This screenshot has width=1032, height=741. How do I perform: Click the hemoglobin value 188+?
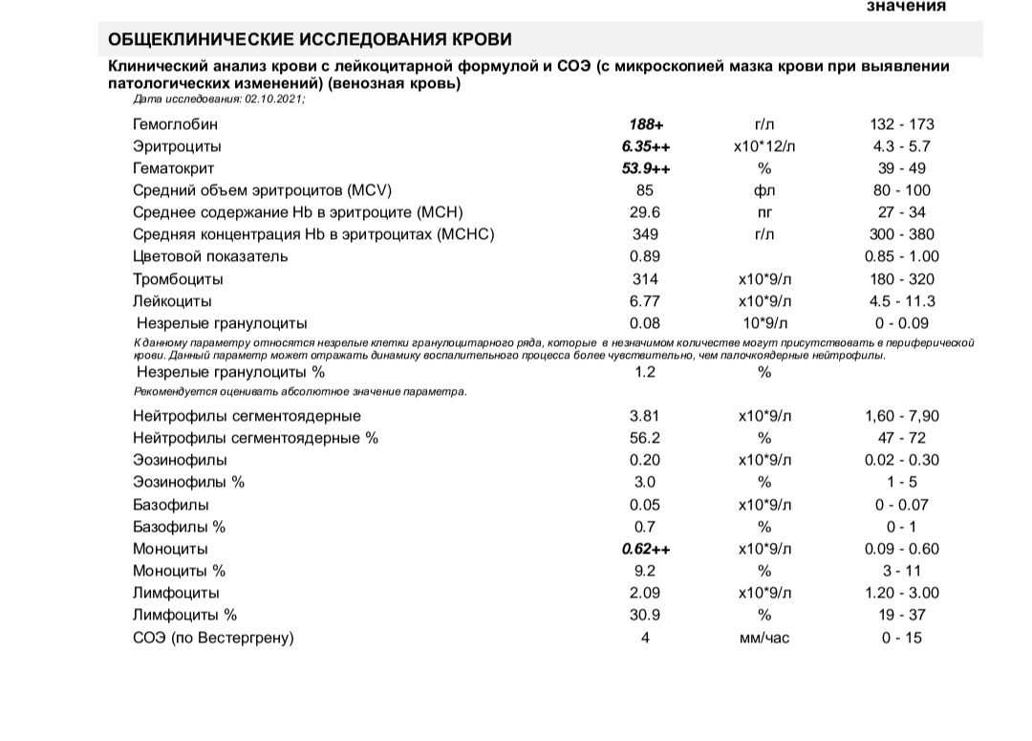click(645, 124)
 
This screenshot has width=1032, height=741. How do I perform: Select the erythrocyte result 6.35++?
click(645, 146)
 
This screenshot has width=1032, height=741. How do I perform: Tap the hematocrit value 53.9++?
click(645, 168)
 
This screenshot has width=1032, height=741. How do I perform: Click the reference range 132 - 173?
click(901, 124)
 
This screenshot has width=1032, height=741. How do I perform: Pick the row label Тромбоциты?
click(178, 279)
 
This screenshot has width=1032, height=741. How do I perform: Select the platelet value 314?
click(645, 279)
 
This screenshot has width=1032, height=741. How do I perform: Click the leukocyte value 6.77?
click(645, 301)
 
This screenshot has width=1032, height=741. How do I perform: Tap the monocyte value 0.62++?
click(645, 549)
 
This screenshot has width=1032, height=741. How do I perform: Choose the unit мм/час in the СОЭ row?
click(763, 638)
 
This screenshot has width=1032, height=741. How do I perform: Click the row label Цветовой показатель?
click(210, 256)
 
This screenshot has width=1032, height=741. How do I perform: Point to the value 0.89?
click(645, 256)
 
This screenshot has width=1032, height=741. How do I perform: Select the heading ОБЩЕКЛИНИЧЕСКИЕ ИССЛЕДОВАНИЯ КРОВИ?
click(311, 39)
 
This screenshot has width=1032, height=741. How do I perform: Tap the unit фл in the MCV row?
click(763, 190)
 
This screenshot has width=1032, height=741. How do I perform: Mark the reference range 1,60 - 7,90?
click(901, 416)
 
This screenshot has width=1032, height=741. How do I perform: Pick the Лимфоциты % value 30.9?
click(645, 616)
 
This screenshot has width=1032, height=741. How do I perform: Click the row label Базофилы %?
click(179, 527)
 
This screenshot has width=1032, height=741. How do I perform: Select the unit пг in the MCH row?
click(763, 212)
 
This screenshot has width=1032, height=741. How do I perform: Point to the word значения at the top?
click(906, 7)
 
